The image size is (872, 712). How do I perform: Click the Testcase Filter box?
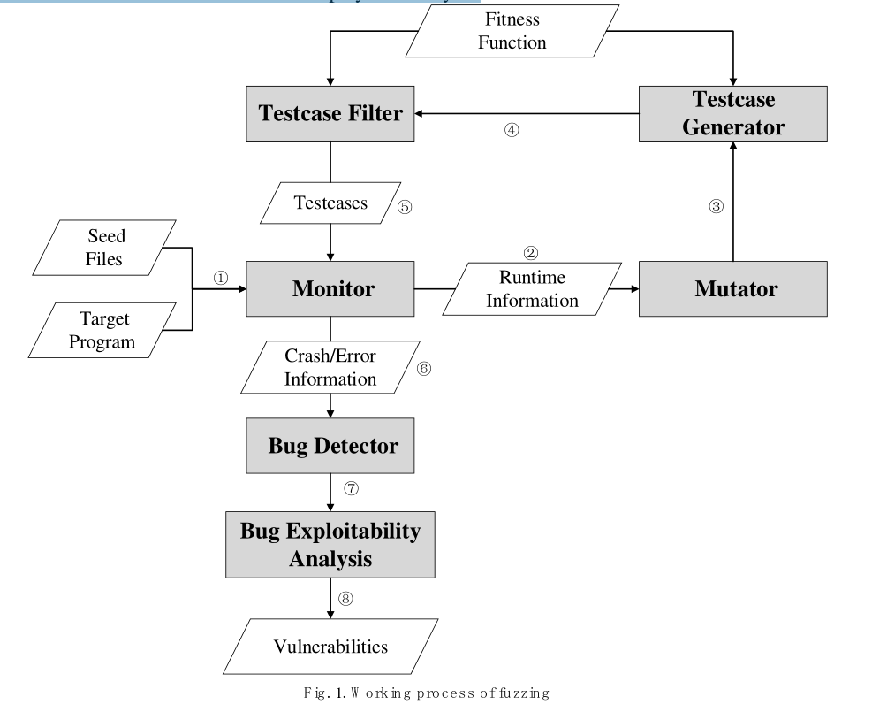pyautogui.click(x=330, y=113)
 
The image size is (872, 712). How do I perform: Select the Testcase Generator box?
pyautogui.click(x=734, y=114)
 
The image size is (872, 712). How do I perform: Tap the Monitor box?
pyautogui.click(x=330, y=288)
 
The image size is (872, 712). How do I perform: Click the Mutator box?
pyautogui.click(x=734, y=288)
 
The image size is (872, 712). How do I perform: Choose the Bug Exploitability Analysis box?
pyautogui.click(x=330, y=546)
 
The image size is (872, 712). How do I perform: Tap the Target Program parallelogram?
pyautogui.click(x=105, y=330)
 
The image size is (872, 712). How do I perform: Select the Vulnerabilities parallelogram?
pyautogui.click(x=330, y=647)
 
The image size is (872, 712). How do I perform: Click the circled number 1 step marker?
pyautogui.click(x=220, y=278)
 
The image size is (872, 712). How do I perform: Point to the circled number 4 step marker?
pyautogui.click(x=512, y=130)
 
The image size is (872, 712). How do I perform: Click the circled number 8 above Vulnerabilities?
pyautogui.click(x=345, y=599)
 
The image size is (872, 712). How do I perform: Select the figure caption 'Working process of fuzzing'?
pyautogui.click(x=436, y=693)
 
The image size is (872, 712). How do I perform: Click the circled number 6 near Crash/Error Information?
pyautogui.click(x=424, y=369)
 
